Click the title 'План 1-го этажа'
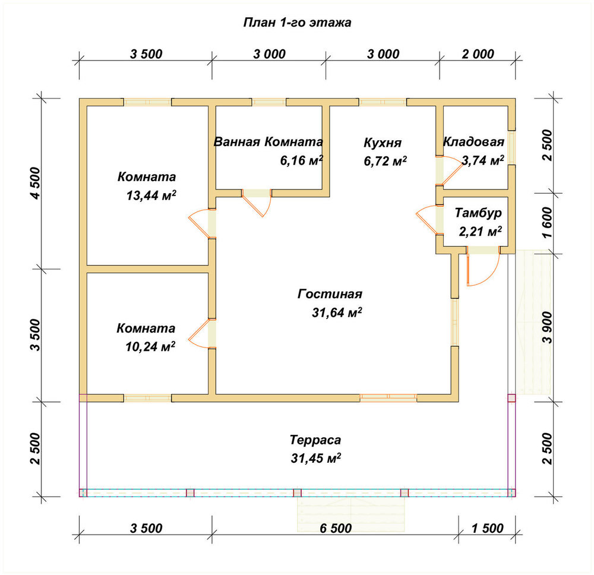(x=297, y=23)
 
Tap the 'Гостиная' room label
(x=330, y=294)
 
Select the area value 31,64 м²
(x=337, y=312)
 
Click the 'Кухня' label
(x=383, y=143)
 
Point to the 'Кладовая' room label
(x=473, y=142)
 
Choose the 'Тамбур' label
(x=478, y=213)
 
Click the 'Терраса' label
(x=315, y=440)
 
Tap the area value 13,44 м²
(x=151, y=195)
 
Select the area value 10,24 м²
(x=150, y=346)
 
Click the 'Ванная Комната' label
(x=268, y=142)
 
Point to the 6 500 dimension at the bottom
(x=336, y=528)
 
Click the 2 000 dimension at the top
(x=478, y=54)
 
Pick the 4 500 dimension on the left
(x=35, y=184)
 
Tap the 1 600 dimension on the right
(x=548, y=222)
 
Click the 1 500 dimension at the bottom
(x=487, y=528)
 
